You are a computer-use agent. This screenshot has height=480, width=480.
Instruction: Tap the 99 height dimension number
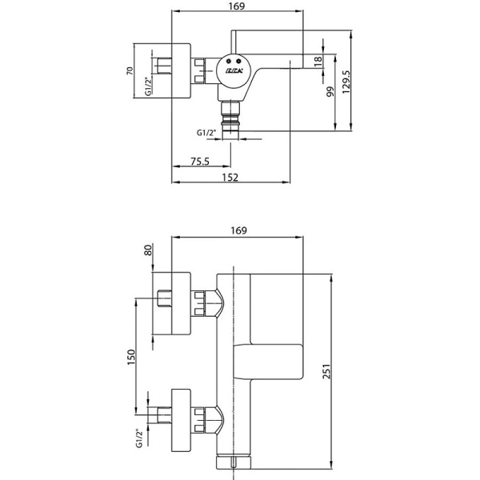point(329,91)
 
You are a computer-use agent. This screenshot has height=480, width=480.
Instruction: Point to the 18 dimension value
point(318,61)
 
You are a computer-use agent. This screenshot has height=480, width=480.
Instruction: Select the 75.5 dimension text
point(200,162)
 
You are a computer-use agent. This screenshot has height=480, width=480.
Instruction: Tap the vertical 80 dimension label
point(148,250)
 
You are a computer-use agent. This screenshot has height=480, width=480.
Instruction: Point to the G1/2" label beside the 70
point(148,86)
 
